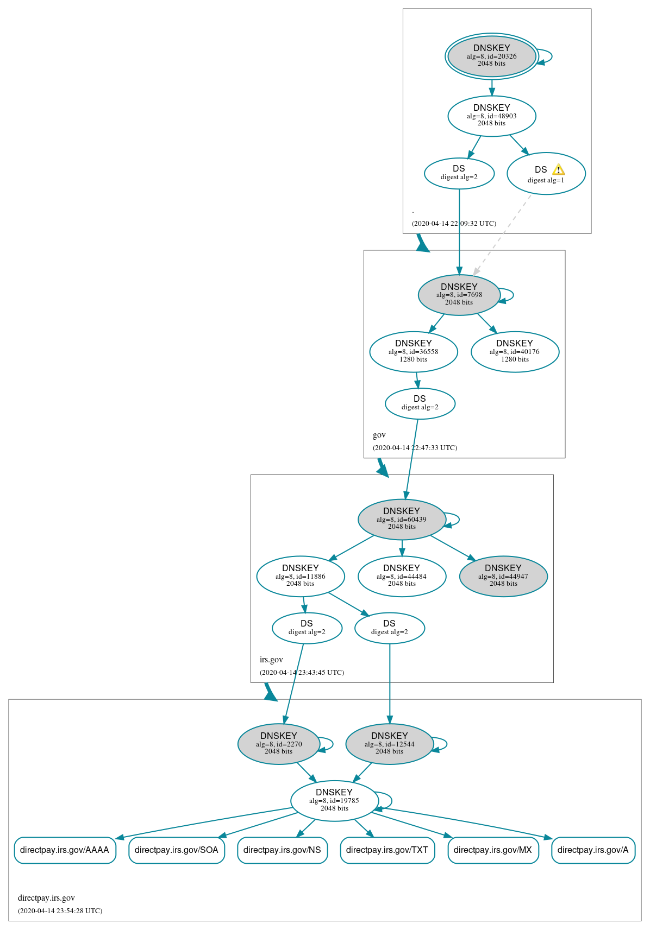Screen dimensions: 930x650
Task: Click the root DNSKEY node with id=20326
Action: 491,56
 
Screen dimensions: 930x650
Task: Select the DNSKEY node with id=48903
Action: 491,116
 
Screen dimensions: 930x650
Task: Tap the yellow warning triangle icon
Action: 558,169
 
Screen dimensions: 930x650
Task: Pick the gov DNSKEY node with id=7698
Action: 459,295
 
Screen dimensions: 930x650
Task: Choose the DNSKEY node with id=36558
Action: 413,351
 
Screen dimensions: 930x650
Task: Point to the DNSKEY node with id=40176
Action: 514,351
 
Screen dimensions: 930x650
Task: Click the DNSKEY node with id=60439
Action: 401,519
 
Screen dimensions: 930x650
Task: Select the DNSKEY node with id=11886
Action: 300,576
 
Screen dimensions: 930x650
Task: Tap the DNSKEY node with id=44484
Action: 402,576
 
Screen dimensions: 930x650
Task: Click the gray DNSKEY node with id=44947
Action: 503,576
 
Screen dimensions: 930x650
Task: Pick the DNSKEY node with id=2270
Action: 278,744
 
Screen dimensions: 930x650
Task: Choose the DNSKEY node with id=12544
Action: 389,744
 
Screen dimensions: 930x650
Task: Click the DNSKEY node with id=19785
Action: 334,801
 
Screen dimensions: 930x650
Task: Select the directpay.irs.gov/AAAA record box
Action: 65,850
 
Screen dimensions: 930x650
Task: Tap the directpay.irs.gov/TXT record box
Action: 387,850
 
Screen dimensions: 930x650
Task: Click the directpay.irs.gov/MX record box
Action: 492,850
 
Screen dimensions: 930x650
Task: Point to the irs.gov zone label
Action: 271,660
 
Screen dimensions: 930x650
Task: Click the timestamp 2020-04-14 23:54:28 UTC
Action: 60,910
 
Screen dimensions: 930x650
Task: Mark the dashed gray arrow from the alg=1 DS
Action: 503,235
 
